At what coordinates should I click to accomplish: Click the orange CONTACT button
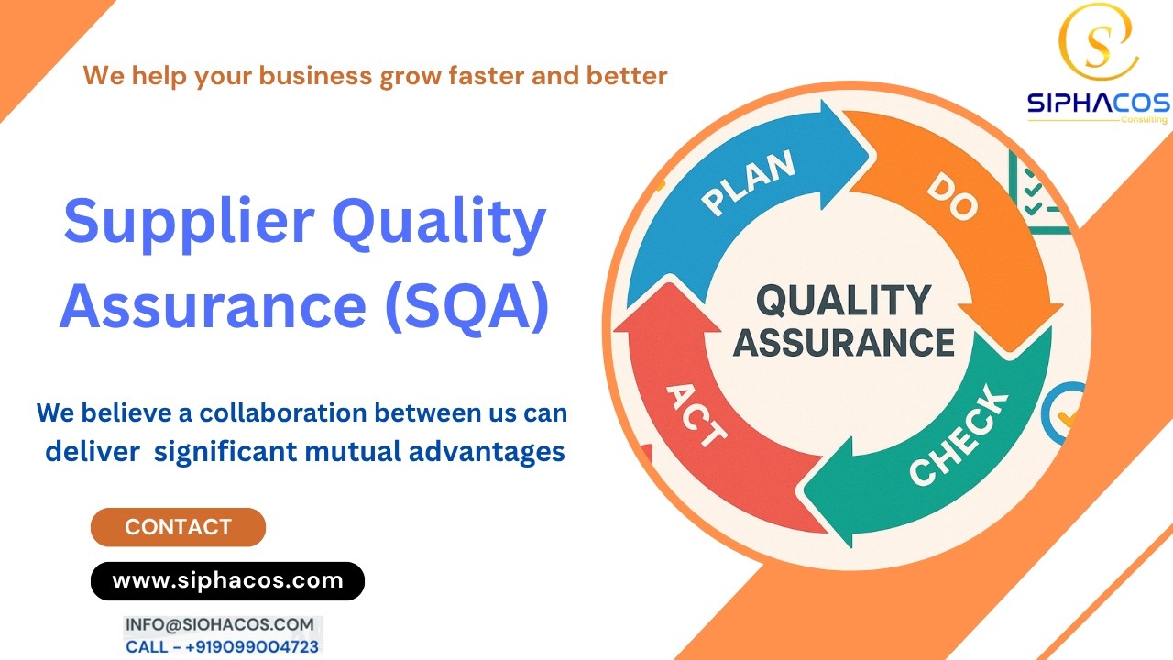pos(178,527)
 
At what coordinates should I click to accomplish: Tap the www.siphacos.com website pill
pos(227,580)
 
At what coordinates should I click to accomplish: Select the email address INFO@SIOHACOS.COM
pos(220,624)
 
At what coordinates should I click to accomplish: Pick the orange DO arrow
pos(962,220)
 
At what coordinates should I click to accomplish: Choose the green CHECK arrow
pos(953,440)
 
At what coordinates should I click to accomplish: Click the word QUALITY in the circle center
pos(843,301)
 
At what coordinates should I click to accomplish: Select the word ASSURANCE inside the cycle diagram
pos(843,342)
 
